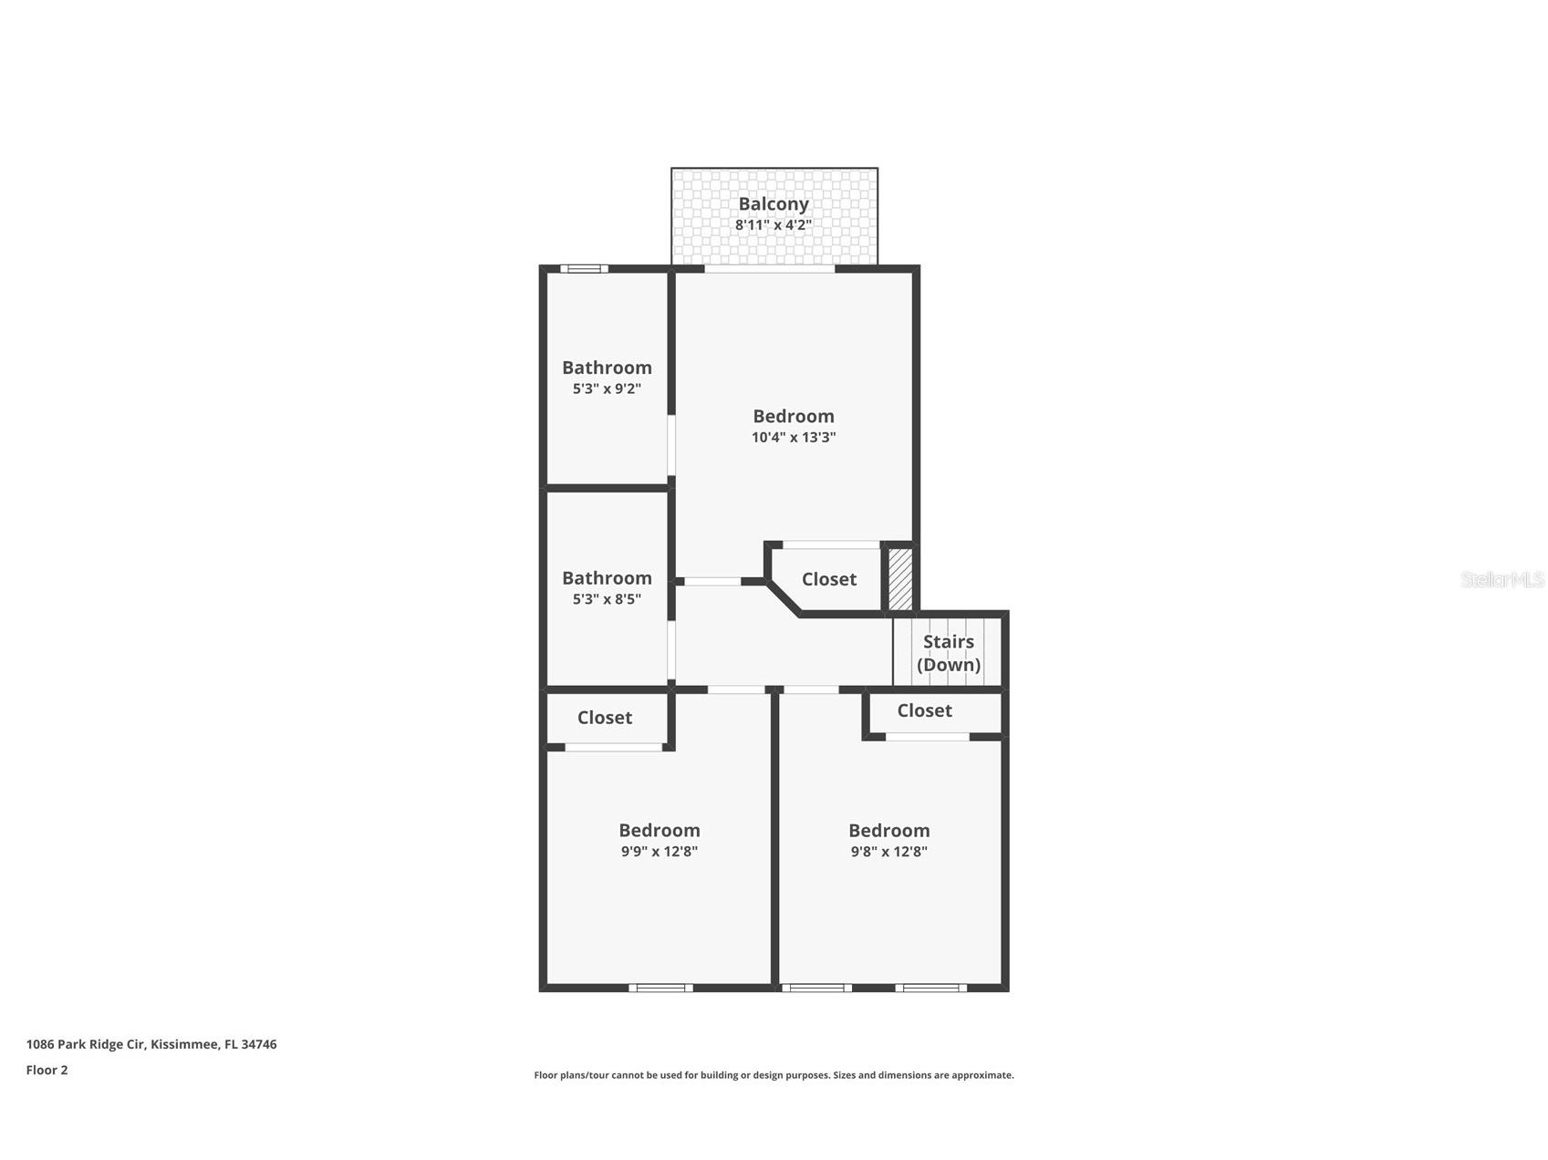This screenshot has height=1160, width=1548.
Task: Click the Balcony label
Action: [x=773, y=203]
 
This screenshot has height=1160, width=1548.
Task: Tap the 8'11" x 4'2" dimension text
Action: [x=773, y=224]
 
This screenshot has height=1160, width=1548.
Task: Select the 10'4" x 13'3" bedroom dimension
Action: [x=793, y=437]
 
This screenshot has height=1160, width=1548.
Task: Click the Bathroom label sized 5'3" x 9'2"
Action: [x=607, y=368]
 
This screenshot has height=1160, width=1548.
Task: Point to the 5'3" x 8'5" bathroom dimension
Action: [x=607, y=599]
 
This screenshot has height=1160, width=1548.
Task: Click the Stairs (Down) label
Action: [x=948, y=653]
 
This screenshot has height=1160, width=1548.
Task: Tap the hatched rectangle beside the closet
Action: [x=900, y=579]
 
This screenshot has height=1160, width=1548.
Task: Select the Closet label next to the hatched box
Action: [x=828, y=579]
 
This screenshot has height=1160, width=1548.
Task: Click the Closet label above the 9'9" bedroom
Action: [x=604, y=718]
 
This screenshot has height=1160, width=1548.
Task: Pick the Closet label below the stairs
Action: [x=923, y=710]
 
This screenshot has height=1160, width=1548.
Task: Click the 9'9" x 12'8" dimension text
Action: [x=659, y=852]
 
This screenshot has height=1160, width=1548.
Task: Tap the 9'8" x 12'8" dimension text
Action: [x=888, y=852]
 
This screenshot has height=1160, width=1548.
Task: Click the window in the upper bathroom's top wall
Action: [x=584, y=268]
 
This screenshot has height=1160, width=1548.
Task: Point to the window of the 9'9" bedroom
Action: [x=660, y=988]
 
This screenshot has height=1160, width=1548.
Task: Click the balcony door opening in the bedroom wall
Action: [x=770, y=268]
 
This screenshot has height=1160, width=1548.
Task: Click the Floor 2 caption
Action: [x=47, y=1070]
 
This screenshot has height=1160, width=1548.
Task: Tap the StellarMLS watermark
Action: [x=1501, y=579]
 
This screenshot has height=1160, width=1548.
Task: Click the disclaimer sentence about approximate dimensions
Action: [x=773, y=1075]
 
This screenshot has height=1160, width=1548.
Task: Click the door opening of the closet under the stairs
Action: [x=927, y=736]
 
